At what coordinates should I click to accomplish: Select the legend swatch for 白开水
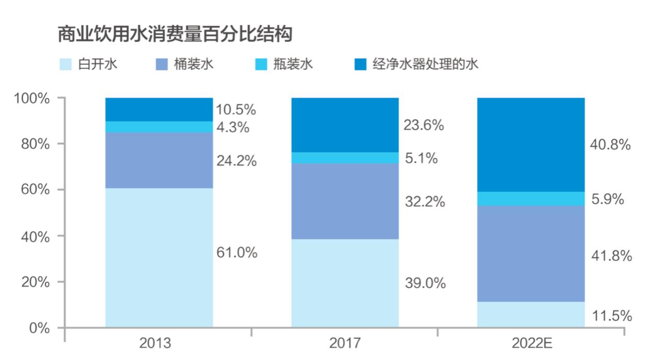pyautogui.click(x=65, y=64)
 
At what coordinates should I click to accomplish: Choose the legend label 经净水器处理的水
pyautogui.click(x=426, y=64)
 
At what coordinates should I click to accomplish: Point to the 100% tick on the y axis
pyautogui.click(x=36, y=98)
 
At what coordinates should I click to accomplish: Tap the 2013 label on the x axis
pyautogui.click(x=155, y=344)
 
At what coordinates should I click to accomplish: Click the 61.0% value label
pyautogui.click(x=236, y=253)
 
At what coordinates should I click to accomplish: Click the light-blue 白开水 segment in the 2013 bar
pyautogui.click(x=159, y=258)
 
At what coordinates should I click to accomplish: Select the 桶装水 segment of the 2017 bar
pyautogui.click(x=345, y=201)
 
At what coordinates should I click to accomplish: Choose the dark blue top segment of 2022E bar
pyautogui.click(x=531, y=144)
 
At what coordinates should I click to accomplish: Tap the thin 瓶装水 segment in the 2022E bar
pyautogui.click(x=531, y=199)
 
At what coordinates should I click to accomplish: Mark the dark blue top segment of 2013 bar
pyautogui.click(x=159, y=109)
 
